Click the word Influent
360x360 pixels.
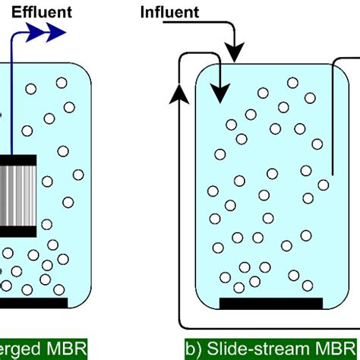(171, 12)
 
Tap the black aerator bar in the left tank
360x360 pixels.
(34, 302)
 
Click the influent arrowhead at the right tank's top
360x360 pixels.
(235, 55)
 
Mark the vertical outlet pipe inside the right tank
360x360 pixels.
(333, 122)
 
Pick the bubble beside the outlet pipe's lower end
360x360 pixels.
(322, 185)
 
